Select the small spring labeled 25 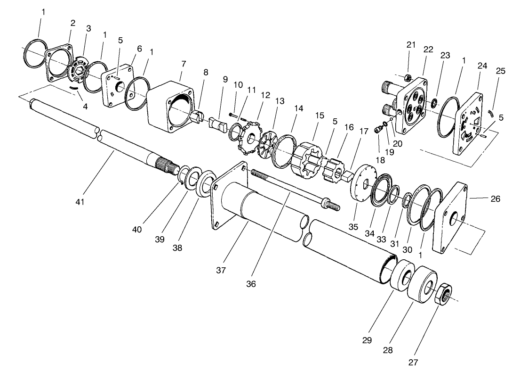[492, 113]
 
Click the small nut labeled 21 [408, 77]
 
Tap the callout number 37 [221, 270]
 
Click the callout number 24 [481, 66]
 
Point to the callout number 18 [380, 160]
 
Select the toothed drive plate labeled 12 [249, 137]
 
